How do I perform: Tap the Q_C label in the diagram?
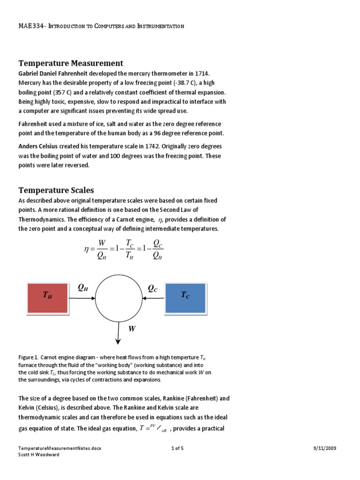[x=153, y=289]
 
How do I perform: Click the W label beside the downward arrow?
[x=132, y=329]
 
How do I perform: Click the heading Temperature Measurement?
[x=71, y=63]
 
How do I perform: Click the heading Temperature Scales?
[x=56, y=190]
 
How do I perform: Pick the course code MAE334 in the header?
[x=30, y=26]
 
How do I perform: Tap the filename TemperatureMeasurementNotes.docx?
[x=60, y=448]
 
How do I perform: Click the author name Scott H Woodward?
[x=39, y=455]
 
